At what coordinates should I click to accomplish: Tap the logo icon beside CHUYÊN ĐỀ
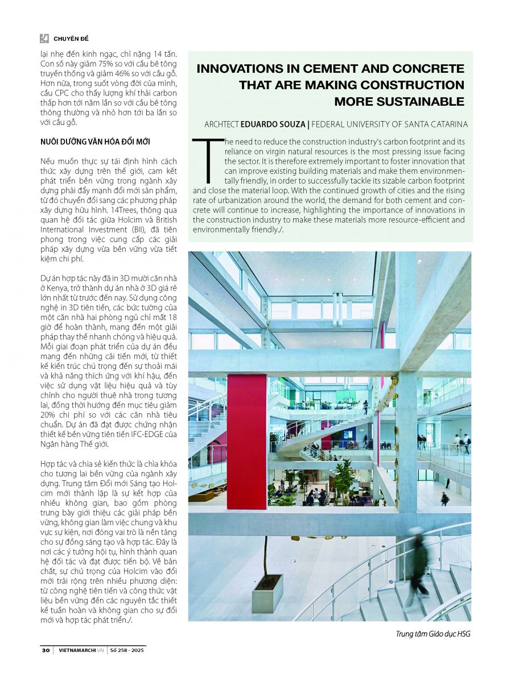coord(44,39)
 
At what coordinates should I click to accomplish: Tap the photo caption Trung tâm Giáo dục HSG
coord(433,634)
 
